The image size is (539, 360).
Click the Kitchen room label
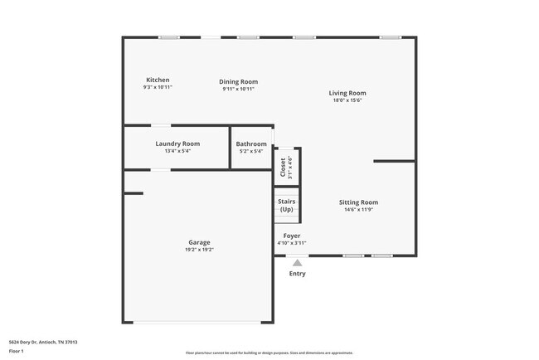coord(158,80)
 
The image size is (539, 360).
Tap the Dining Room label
coord(238,81)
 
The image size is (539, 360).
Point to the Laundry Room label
coord(177,144)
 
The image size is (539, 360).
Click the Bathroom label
coord(251,144)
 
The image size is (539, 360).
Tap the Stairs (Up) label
coord(287,205)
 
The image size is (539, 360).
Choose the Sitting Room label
coord(358,202)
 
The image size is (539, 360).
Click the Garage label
coord(198,242)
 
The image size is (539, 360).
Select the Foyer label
coord(291,236)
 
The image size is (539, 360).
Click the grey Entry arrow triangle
coord(297,262)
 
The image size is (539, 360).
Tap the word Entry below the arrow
coord(297,274)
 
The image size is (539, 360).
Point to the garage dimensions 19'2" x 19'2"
coord(198,250)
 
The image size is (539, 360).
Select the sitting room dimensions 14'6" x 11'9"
coord(358,210)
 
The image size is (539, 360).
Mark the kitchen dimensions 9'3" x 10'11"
coord(158,88)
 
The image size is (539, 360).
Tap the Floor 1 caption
coord(17,352)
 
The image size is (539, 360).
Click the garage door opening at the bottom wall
coord(198,322)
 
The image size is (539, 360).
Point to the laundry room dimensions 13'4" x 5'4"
coord(177,151)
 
